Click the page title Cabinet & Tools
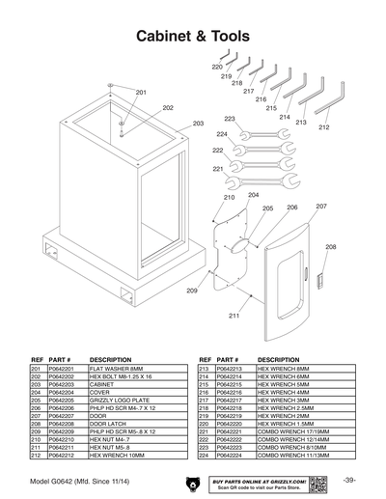193,36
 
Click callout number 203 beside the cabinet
198,124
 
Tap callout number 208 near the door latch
331,247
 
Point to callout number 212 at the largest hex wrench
323,127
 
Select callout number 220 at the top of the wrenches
217,67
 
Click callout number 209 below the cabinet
192,291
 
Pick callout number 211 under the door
234,316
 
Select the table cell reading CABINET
102,383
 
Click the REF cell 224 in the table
205,456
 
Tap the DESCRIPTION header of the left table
110,358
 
